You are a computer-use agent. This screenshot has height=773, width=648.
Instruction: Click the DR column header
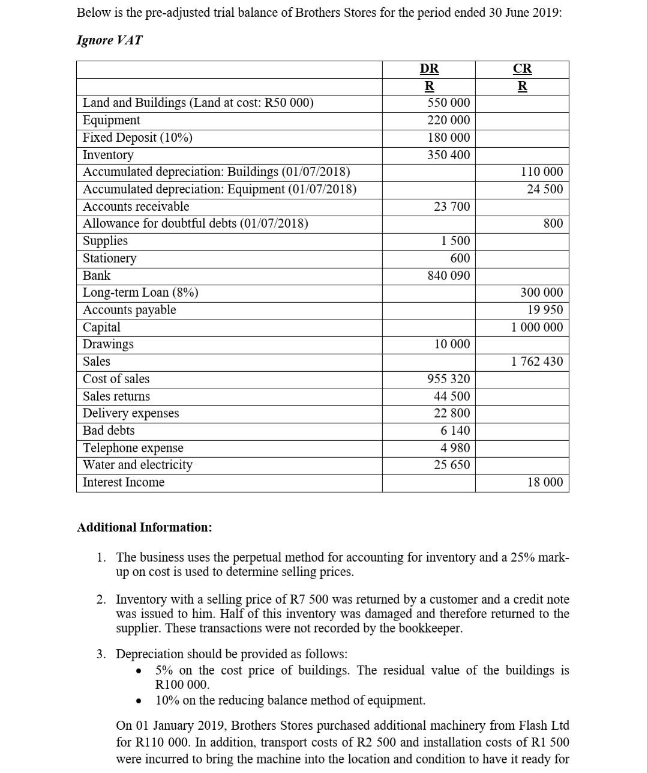pyautogui.click(x=428, y=68)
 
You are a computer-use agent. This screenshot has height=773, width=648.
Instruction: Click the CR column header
pyautogui.click(x=522, y=68)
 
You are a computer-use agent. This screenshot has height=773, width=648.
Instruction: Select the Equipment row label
pyautogui.click(x=111, y=120)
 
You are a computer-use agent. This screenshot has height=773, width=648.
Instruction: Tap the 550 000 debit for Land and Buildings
pyautogui.click(x=448, y=103)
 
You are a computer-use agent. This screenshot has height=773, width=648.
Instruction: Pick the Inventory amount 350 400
pyautogui.click(x=448, y=155)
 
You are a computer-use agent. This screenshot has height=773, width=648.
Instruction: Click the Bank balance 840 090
pyautogui.click(x=448, y=276)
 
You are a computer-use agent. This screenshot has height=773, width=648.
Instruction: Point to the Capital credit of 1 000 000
pyautogui.click(x=537, y=327)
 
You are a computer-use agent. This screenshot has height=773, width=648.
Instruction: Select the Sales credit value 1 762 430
pyautogui.click(x=537, y=362)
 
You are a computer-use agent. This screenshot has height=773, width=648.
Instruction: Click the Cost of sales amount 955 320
pyautogui.click(x=448, y=379)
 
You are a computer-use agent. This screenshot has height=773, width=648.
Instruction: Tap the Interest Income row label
pyautogui.click(x=123, y=482)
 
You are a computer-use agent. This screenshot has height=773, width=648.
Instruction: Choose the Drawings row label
pyautogui.click(x=108, y=344)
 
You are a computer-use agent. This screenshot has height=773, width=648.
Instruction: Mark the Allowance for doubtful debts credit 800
pyautogui.click(x=553, y=223)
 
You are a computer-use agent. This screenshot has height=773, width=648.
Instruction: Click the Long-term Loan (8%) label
pyautogui.click(x=140, y=293)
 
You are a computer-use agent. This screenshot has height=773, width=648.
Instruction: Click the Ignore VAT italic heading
pyautogui.click(x=110, y=40)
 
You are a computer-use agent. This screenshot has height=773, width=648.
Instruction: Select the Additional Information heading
pyautogui.click(x=144, y=527)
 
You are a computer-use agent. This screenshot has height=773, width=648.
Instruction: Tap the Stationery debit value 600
pyautogui.click(x=460, y=258)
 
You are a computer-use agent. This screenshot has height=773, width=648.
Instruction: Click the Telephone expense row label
pyautogui.click(x=133, y=448)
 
